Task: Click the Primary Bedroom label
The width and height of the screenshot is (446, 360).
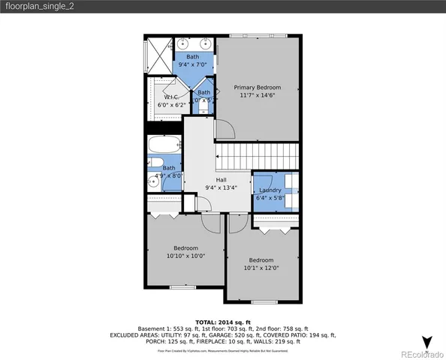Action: click(257, 87)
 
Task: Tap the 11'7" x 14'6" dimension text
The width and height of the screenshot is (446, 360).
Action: click(257, 96)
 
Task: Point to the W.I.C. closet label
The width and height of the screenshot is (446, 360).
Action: click(170, 97)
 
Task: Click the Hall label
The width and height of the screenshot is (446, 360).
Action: click(221, 180)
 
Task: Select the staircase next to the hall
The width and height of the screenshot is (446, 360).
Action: click(258, 157)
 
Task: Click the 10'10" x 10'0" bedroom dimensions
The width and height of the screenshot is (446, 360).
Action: click(185, 256)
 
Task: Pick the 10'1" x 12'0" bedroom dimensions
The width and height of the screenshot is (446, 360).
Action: click(261, 268)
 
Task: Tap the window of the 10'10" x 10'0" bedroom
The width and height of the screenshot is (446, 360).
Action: click(182, 287)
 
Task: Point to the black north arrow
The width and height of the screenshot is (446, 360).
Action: click(427, 343)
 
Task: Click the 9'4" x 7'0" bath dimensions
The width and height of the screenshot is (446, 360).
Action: click(193, 64)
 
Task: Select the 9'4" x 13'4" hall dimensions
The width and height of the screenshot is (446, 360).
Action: click(221, 188)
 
